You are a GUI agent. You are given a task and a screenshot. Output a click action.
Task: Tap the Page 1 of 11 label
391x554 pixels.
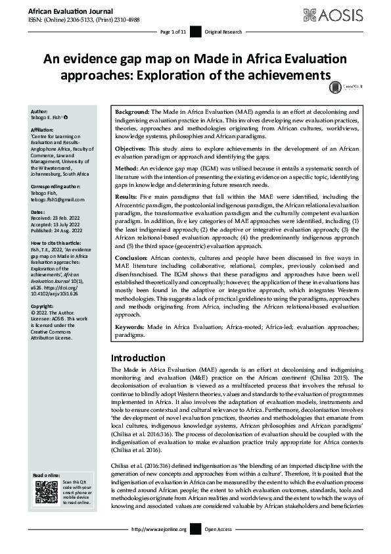[173, 32]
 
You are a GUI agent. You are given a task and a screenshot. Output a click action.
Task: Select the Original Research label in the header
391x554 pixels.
[223, 32]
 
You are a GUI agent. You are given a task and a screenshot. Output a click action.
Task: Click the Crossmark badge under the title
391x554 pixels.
[335, 86]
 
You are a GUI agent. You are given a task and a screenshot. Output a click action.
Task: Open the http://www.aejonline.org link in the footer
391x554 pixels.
[160, 547]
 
